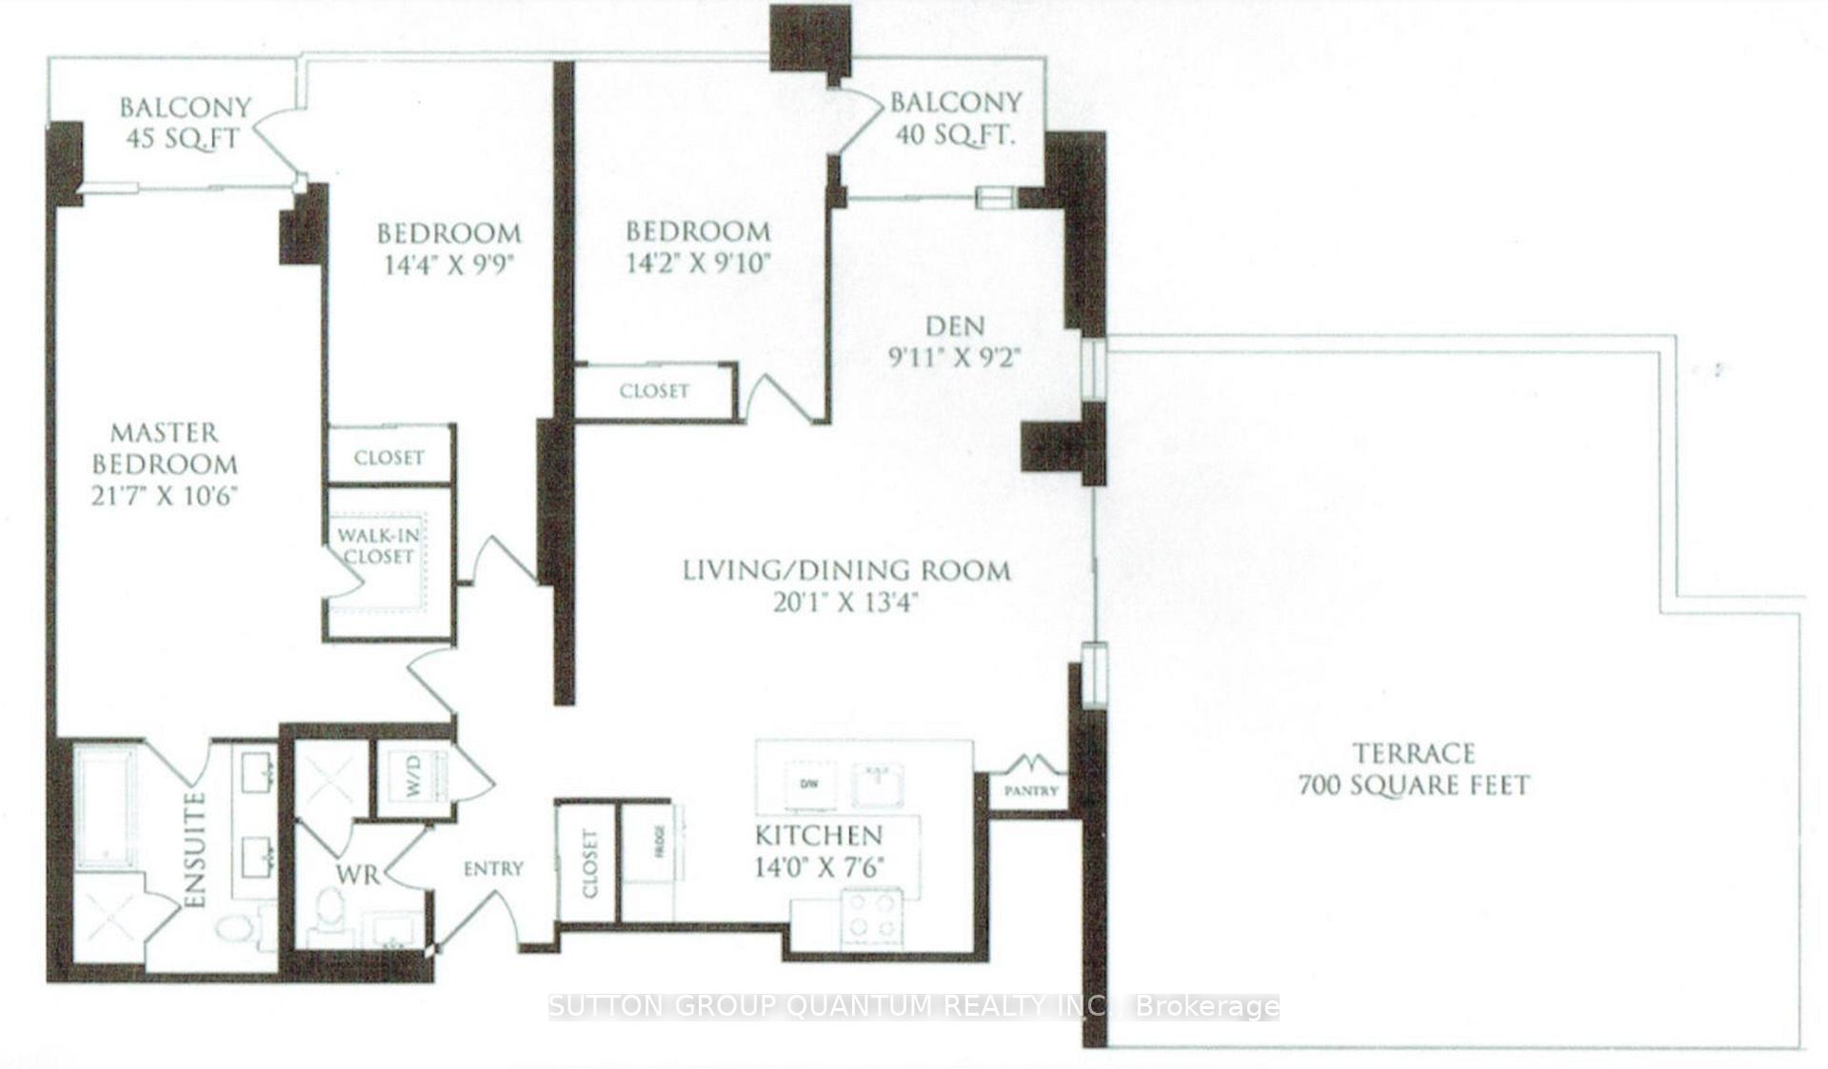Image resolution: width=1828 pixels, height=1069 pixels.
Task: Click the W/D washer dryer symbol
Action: pos(413,779)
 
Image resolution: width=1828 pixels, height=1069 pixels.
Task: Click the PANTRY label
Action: pos(1031,791)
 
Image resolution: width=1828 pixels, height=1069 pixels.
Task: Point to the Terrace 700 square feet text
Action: pos(1414,769)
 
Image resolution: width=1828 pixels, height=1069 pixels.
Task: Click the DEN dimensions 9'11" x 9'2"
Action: pos(955,358)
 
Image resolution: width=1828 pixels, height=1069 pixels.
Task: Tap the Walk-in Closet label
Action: pos(378,546)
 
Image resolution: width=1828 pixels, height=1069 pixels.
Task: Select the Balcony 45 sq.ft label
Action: pos(184,122)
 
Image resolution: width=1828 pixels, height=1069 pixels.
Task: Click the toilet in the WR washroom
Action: pos(329,912)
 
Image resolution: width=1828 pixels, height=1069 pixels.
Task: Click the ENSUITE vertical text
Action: pos(194,849)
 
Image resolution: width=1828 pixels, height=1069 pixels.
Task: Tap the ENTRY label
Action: pos(493,868)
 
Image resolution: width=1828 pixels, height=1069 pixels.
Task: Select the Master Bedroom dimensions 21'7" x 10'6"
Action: pos(164,496)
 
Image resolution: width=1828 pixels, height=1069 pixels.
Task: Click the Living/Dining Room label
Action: pos(846,571)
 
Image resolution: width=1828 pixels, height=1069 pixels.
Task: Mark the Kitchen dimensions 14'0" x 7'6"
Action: pos(819,867)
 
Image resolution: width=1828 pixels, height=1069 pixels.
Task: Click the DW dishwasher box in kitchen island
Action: pos(808,784)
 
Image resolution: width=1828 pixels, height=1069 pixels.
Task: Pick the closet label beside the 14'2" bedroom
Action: pos(654,391)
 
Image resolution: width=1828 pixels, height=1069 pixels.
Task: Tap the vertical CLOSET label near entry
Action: pos(589,863)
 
